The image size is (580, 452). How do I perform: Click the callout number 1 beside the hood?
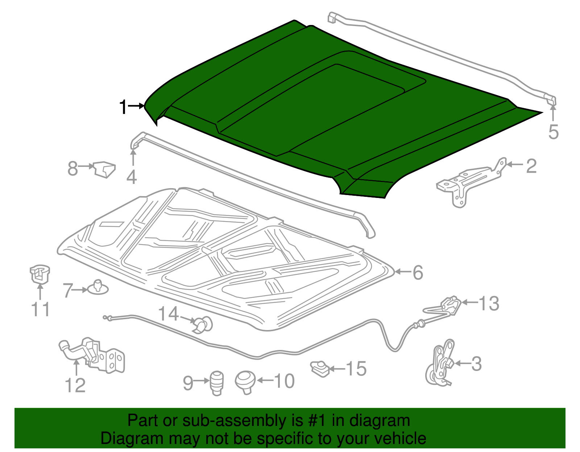click(123, 107)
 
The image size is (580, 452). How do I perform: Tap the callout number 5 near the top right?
click(553, 132)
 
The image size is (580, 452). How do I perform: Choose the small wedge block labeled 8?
click(104, 169)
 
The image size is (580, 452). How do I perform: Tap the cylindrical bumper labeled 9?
click(216, 383)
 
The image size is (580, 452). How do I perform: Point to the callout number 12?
click(75, 385)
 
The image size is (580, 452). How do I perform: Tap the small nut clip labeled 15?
click(320, 369)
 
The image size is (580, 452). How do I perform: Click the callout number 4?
click(132, 177)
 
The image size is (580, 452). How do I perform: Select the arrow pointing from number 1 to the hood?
click(136, 106)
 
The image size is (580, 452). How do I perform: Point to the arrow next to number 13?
click(470, 302)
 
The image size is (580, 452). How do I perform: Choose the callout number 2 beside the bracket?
click(531, 166)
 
